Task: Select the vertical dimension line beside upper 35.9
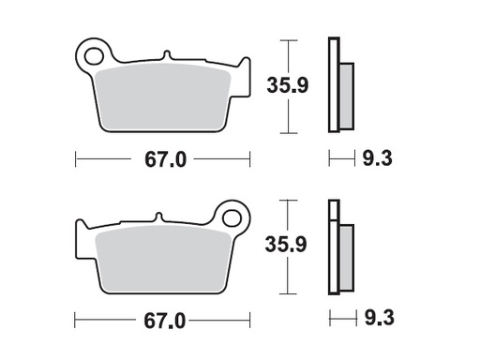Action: click(x=292, y=86)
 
